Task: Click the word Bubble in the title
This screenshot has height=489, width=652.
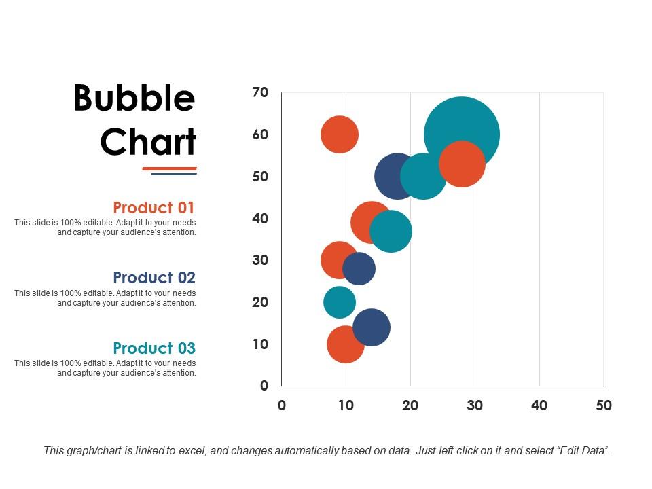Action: (x=134, y=99)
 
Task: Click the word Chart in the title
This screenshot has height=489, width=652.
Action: (x=148, y=142)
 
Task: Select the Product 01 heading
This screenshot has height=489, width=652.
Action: (x=154, y=208)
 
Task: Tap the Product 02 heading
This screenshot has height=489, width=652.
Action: (x=154, y=278)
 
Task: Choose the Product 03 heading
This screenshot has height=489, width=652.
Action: (x=154, y=348)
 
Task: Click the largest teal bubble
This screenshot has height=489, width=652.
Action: (x=462, y=122)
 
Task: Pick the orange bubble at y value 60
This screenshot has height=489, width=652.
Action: (x=339, y=134)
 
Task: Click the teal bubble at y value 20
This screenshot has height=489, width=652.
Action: (x=339, y=302)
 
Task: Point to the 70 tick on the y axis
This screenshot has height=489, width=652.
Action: (x=260, y=92)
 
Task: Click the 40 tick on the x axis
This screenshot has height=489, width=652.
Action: (x=539, y=405)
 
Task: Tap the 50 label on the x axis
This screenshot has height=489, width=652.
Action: (x=603, y=405)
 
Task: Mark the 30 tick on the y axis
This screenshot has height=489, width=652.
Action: (x=260, y=260)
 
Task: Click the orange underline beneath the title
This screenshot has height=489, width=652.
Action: (x=169, y=168)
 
